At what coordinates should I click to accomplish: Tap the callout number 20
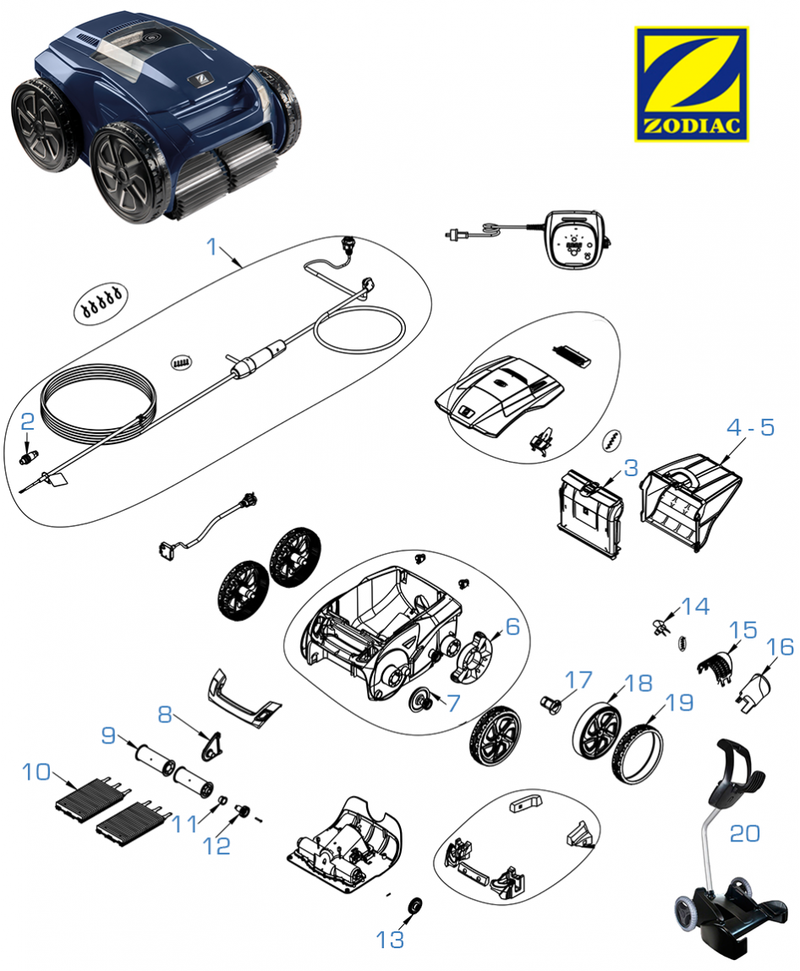pos(744,833)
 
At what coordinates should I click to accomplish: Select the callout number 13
pos(390,939)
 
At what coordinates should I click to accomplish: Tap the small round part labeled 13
pos(415,906)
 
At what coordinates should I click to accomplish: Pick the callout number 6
pos(512,628)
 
